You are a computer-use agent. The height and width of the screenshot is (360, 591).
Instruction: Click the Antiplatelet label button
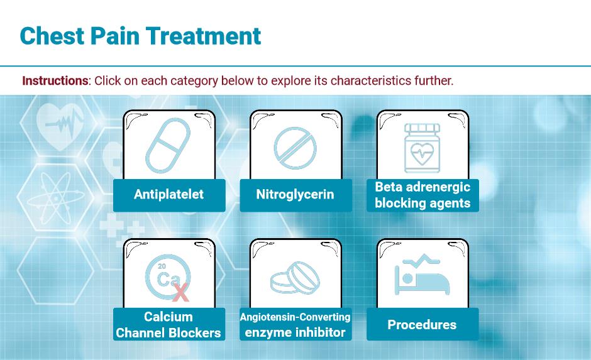(169, 195)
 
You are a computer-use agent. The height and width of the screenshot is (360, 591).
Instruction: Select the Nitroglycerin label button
(296, 195)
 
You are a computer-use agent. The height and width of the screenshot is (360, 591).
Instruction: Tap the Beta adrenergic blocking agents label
(423, 195)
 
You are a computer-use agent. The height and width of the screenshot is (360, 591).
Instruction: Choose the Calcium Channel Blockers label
(169, 324)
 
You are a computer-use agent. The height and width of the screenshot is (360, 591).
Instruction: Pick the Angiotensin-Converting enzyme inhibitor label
(296, 324)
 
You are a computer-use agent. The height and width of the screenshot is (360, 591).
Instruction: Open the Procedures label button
(423, 324)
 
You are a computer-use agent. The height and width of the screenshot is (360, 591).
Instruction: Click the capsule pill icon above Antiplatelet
(168, 145)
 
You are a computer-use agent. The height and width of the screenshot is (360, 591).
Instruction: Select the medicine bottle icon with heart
(422, 148)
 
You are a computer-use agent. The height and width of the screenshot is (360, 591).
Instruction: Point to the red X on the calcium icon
(180, 293)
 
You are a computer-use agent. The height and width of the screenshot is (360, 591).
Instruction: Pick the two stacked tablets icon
(295, 278)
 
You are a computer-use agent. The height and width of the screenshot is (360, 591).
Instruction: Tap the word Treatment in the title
(204, 36)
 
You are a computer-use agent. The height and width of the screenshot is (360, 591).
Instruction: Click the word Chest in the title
(52, 36)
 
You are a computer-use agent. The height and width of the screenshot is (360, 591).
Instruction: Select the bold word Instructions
(55, 80)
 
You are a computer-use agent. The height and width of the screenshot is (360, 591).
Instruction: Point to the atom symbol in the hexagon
(56, 198)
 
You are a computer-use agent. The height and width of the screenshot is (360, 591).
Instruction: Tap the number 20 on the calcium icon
(162, 266)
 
